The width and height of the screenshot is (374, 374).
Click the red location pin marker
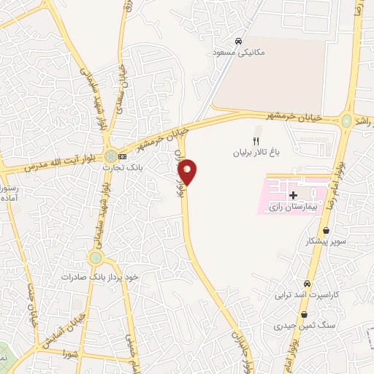coord(188,171)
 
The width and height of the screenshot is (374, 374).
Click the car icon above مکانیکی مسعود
coord(240,41)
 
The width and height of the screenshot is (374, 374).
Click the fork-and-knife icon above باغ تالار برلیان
coord(255,141)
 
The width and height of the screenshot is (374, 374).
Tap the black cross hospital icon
coord(293,195)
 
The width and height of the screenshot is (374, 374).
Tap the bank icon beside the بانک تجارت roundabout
coord(122,156)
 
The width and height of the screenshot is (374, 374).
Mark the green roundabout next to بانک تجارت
coord(110,156)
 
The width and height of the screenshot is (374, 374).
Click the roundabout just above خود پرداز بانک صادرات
coord(95,257)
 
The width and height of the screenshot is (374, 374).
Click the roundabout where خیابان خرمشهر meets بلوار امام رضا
coord(346,120)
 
